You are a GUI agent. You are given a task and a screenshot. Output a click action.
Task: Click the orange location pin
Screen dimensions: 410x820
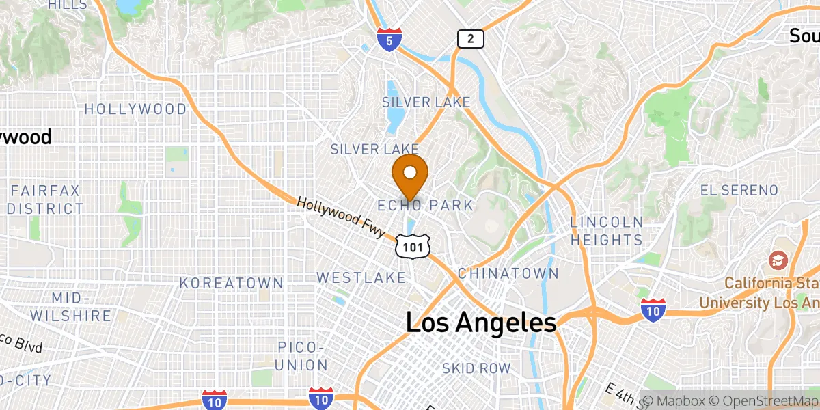tap(411, 174)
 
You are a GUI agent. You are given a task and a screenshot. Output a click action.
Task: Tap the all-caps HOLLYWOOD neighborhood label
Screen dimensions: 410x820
tap(135, 109)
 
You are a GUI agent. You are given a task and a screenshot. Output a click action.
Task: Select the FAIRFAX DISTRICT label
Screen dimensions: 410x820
tap(46, 199)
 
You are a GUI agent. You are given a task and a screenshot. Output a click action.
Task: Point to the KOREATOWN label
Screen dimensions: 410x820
tap(232, 283)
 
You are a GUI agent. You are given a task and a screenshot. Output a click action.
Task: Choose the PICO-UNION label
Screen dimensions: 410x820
tap(302, 355)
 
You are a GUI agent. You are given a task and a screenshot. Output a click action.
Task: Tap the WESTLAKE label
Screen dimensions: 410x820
tap(361, 277)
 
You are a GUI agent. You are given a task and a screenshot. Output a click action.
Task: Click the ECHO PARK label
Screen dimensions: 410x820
tap(425, 205)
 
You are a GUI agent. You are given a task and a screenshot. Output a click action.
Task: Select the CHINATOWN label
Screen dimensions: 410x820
tap(508, 273)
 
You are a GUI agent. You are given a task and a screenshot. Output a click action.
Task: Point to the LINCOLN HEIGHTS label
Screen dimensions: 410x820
tap(606, 231)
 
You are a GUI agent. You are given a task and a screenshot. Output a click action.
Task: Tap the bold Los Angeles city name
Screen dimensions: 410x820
tap(481, 323)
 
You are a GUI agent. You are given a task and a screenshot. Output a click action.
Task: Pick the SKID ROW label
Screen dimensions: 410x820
tap(476, 368)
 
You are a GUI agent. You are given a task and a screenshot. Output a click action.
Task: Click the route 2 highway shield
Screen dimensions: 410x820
tap(470, 40)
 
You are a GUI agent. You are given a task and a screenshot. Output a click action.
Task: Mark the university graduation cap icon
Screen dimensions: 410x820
tap(778, 260)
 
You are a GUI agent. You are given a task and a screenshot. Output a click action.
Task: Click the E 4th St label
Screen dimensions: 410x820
tap(623, 395)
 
